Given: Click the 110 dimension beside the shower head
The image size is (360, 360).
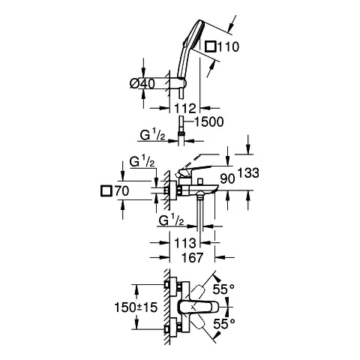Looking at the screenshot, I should tap(229, 47).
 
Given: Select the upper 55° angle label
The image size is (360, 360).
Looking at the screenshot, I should tap(223, 288).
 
